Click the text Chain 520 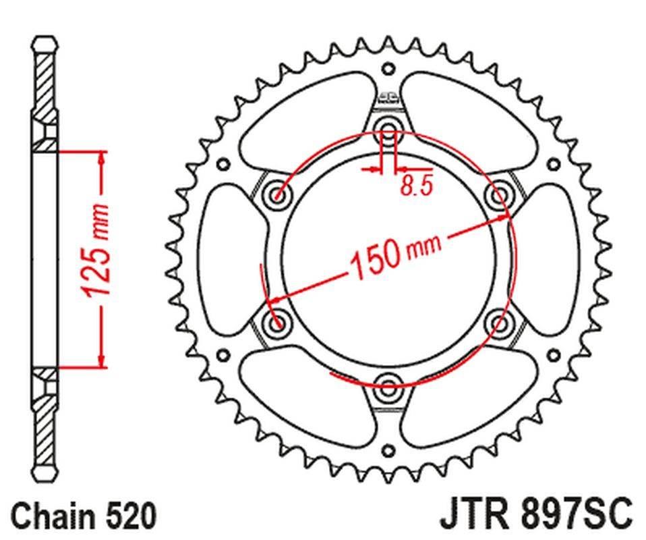pos(84,516)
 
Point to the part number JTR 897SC pos(537,516)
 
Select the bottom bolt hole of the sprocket pos(388,387)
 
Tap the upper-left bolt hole pos(277,194)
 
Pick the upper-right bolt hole pos(500,194)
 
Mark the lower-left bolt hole pos(277,322)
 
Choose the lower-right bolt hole pos(500,322)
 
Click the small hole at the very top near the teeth pos(388,68)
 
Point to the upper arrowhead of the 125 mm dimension pos(101,157)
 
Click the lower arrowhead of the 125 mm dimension pos(101,360)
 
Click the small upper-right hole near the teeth pos(553,163)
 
